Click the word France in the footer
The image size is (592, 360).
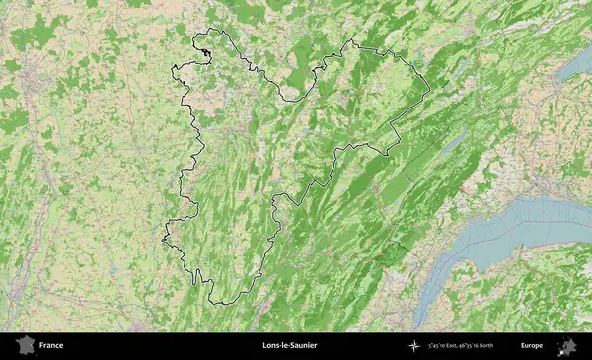51,346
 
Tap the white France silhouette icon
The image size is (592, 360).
22,345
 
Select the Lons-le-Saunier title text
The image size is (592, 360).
289,346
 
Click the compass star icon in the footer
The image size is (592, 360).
414,346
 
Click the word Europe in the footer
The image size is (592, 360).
532,346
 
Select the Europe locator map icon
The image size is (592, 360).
567,345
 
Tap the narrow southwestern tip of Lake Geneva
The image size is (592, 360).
420,320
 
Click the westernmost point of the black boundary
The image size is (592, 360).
162,238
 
